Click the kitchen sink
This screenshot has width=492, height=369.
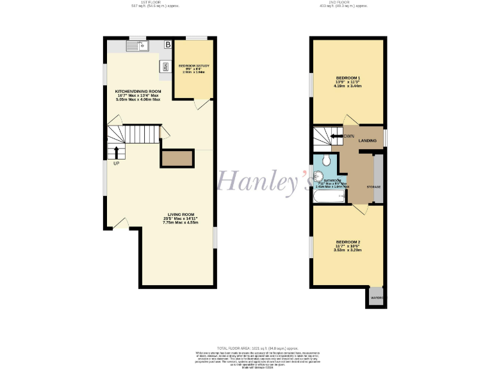137,45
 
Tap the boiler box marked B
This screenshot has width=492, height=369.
168,45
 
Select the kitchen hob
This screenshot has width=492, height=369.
165,67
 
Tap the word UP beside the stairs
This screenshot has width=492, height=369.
116,163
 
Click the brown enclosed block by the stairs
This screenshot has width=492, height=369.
177,158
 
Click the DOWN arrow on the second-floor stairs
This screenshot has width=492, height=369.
335,136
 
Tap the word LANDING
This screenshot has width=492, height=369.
368,140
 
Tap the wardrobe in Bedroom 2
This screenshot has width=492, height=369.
376,297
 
